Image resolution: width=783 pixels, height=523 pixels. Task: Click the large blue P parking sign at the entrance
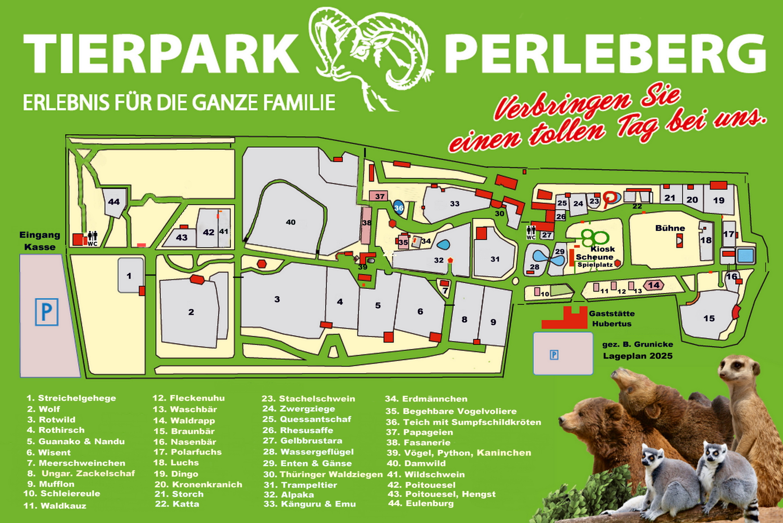pyautogui.click(x=46, y=312)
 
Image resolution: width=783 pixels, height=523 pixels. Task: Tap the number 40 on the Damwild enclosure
pyautogui.click(x=290, y=222)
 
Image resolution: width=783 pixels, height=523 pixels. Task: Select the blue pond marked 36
pyautogui.click(x=398, y=208)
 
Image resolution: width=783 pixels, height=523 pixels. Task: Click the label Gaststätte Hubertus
pyautogui.click(x=612, y=319)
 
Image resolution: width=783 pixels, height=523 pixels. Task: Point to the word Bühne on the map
pyautogui.click(x=670, y=228)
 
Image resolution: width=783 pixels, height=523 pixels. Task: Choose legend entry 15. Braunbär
pyautogui.click(x=184, y=431)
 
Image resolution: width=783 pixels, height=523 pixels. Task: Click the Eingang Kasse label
pyautogui.click(x=40, y=241)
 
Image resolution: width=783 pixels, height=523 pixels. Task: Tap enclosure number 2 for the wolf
pyautogui.click(x=191, y=312)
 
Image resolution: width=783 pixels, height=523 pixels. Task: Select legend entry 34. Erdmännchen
pyautogui.click(x=426, y=399)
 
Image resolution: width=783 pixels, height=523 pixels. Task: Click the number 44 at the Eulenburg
pyautogui.click(x=114, y=202)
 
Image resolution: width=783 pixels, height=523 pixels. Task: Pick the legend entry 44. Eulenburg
pyautogui.click(x=421, y=503)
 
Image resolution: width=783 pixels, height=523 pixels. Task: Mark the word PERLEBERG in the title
pyautogui.click(x=605, y=53)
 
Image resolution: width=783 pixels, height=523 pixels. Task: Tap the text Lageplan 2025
pyautogui.click(x=638, y=356)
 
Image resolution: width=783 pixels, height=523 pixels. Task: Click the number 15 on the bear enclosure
pyautogui.click(x=709, y=318)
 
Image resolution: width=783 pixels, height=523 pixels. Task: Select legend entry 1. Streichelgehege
pyautogui.click(x=71, y=398)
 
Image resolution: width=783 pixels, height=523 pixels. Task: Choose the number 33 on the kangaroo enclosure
pyautogui.click(x=454, y=204)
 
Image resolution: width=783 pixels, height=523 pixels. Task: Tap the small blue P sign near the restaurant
pyautogui.click(x=554, y=355)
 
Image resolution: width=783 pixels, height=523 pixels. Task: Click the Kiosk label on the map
pyautogui.click(x=602, y=249)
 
